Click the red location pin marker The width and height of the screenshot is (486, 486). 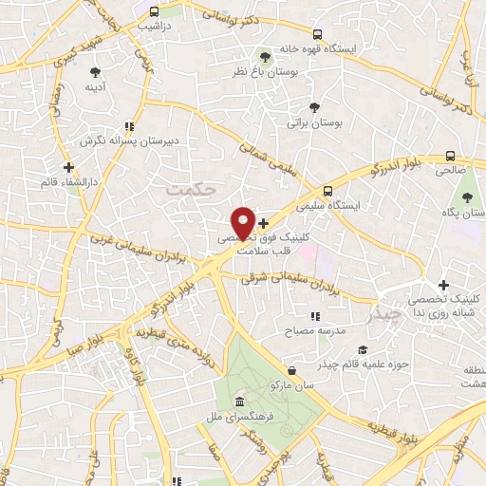(244, 222)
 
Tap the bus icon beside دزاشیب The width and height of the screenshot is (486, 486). (153, 11)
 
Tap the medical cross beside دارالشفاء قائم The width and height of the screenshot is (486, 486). (67, 167)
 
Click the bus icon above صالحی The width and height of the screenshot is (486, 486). (450, 158)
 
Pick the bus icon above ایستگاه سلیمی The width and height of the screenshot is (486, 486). (327, 190)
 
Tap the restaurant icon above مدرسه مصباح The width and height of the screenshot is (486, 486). (314, 317)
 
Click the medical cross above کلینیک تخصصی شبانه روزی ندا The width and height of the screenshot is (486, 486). (443, 285)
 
